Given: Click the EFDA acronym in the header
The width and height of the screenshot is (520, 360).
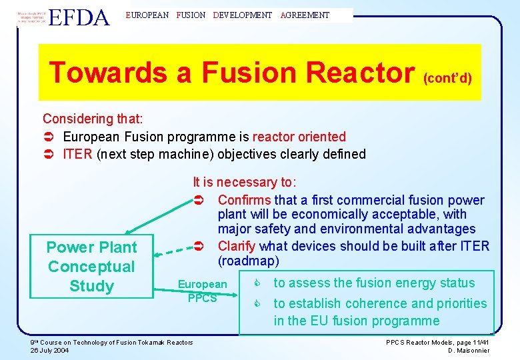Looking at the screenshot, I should pos(79,17).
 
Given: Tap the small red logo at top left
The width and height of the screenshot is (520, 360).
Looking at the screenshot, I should pos(31,17).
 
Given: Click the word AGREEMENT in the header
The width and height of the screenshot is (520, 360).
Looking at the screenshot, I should pos(305,15).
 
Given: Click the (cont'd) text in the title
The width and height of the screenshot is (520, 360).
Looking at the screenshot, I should pos(447,78).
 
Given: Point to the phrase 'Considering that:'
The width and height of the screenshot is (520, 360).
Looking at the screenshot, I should pos(93,119).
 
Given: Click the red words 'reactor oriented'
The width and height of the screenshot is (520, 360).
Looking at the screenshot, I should pos(299,137).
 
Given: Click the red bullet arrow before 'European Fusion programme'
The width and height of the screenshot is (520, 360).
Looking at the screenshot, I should pos(48,137).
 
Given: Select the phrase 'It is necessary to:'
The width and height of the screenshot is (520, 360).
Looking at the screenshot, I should pos(245,182).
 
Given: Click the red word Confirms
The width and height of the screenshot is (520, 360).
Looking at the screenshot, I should pos(244,200).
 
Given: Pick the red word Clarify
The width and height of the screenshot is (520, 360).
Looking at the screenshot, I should pos(237,246).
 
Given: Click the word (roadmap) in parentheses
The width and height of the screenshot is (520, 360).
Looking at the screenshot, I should pos(248,260).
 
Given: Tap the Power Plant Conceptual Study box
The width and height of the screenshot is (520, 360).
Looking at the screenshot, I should pos(91,267).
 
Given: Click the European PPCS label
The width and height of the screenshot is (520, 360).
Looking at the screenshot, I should pos(202,291).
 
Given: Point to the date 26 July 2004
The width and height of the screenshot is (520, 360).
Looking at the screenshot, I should pos(51,351).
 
